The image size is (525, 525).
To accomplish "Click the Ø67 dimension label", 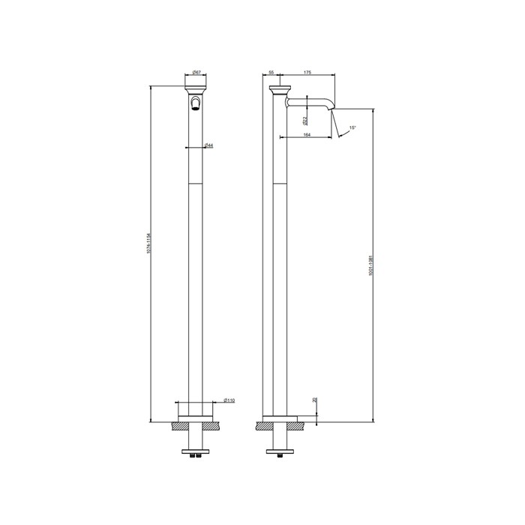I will click(195, 71).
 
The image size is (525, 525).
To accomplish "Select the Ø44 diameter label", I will click(208, 145).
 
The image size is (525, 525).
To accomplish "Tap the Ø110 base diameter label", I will click(229, 401).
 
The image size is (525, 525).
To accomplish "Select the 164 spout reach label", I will click(307, 134).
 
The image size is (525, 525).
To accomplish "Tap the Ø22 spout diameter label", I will click(304, 120).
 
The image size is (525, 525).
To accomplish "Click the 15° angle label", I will click(352, 128).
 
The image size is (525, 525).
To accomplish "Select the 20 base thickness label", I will click(315, 401).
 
